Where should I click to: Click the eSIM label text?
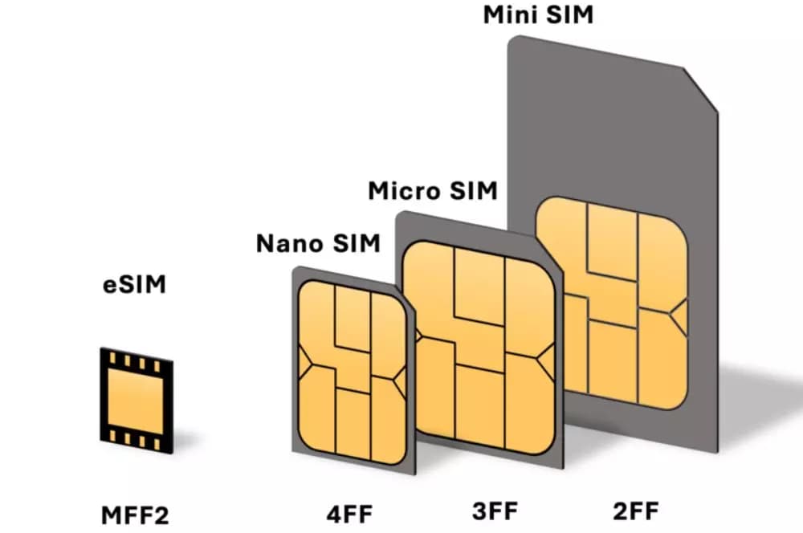[135, 285]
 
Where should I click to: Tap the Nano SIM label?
[319, 243]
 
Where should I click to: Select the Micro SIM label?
[433, 190]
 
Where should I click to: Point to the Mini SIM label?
[538, 14]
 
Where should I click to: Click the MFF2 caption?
[135, 515]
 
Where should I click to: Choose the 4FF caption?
[350, 514]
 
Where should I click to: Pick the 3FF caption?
[495, 511]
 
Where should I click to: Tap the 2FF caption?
[635, 511]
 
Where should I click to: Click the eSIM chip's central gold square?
[136, 401]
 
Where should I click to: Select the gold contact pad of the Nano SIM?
[353, 372]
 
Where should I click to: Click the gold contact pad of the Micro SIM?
[479, 348]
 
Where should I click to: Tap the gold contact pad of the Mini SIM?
[612, 303]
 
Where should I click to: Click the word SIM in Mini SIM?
[569, 14]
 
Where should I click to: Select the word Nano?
[289, 243]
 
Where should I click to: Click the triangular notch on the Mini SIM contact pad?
[679, 317]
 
